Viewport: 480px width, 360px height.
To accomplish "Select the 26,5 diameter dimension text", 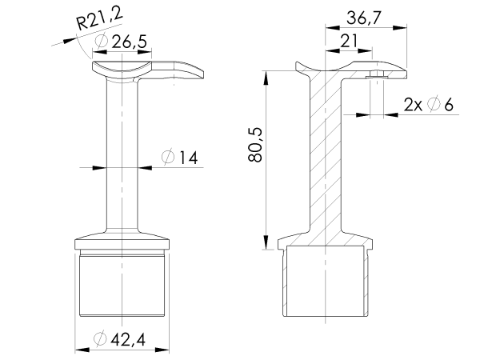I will tap(119, 42).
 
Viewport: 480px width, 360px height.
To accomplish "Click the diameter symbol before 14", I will tap(167, 158).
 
